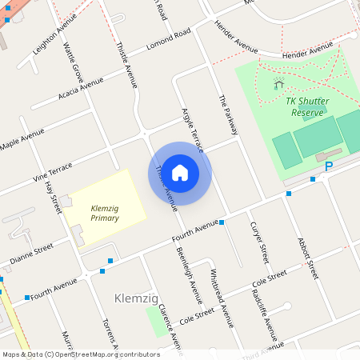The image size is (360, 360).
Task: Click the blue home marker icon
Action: pyautogui.click(x=180, y=172)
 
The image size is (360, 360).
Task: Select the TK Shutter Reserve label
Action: pyautogui.click(x=306, y=106)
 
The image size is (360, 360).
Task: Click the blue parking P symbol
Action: pyautogui.click(x=328, y=166)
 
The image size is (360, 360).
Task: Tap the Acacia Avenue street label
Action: pyautogui.click(x=81, y=90)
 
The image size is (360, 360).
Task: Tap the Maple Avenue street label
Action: pyautogui.click(x=22, y=142)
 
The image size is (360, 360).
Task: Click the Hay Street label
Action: pyautogui.click(x=54, y=197)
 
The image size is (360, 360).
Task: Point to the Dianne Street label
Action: pyautogui.click(x=31, y=252)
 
